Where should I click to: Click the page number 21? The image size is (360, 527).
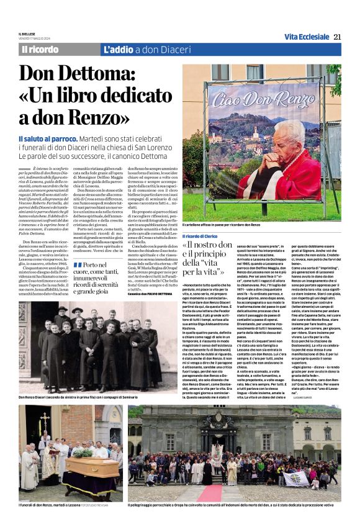coord(337,37)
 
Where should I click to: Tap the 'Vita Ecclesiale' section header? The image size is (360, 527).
coord(307,37)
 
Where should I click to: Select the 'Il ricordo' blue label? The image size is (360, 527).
coord(40,50)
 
